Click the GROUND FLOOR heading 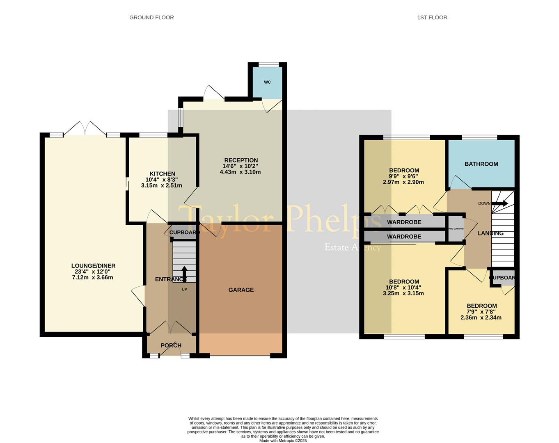point(151,17)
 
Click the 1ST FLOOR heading point(432,17)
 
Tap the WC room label point(267,82)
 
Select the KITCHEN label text point(162,174)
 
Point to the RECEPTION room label point(241,160)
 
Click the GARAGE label point(241,290)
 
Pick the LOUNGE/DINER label point(93,266)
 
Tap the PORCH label point(171,345)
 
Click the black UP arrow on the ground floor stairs point(184,274)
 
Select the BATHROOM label point(481,164)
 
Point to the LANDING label point(490,233)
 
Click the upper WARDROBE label point(404,222)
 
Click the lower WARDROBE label point(404,237)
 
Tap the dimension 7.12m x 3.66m point(92,277)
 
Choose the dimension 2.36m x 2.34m point(481,317)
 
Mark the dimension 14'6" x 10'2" point(241,166)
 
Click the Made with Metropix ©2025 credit point(283,441)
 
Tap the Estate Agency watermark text point(353,247)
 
